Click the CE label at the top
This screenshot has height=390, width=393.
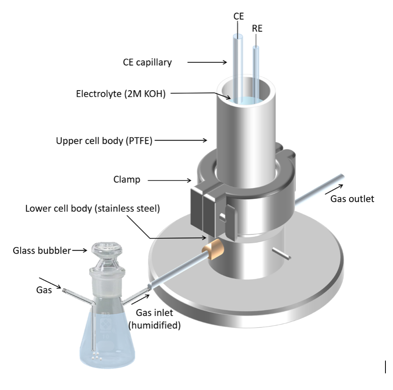tap(238, 16)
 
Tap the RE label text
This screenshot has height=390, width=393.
tap(257, 29)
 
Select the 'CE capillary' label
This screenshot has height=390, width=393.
tap(147, 62)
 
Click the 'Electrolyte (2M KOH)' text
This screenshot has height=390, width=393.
tap(121, 94)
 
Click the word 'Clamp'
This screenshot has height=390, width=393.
tap(127, 180)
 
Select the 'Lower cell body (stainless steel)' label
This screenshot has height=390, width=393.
tap(92, 209)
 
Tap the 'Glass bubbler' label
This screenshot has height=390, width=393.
tap(42, 251)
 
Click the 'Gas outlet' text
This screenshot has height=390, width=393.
tap(352, 199)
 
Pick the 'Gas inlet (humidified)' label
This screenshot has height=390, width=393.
tap(155, 319)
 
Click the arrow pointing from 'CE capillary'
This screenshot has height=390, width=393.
tap(207, 62)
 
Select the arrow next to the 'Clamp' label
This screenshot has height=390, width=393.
tap(169, 181)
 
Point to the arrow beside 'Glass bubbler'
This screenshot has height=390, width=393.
tap(80, 250)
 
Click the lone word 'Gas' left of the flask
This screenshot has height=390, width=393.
tap(44, 290)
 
